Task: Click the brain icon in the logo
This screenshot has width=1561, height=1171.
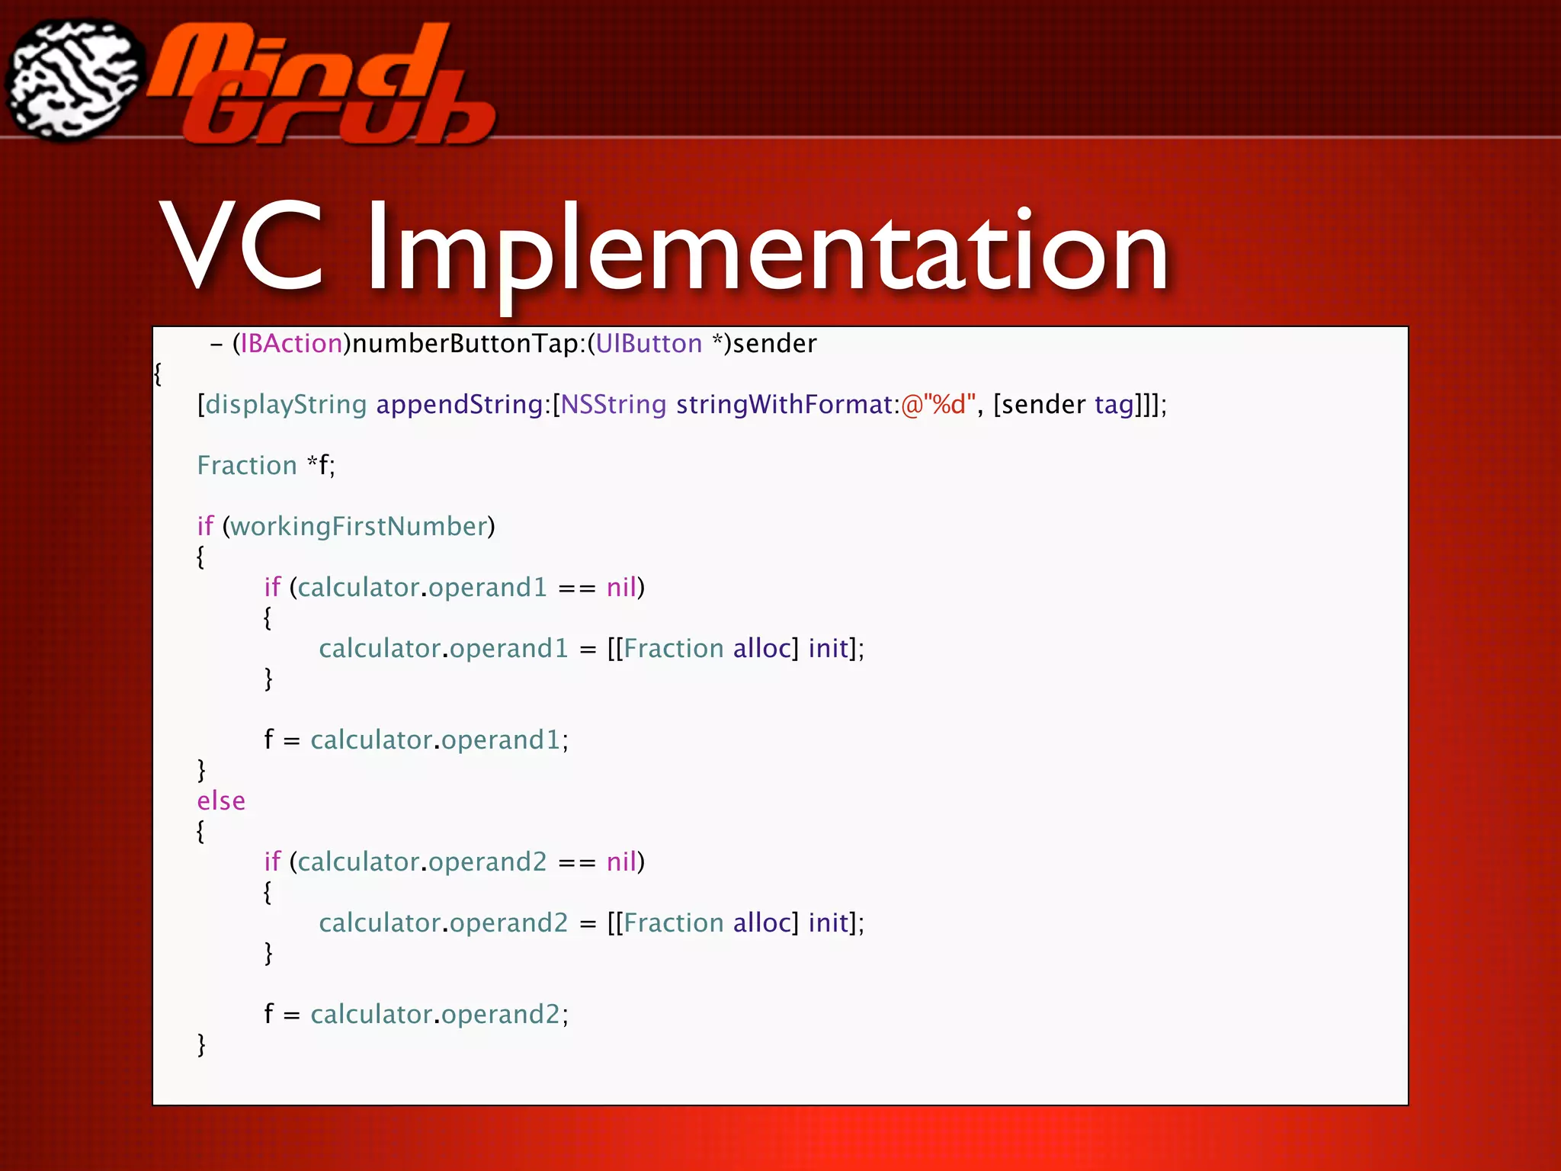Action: point(74,80)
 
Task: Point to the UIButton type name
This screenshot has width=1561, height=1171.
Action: point(649,344)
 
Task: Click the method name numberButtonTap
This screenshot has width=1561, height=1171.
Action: point(466,344)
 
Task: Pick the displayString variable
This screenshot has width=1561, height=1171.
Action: point(286,405)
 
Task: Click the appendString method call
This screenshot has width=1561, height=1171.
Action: point(459,405)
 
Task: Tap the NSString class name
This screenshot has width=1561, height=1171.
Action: point(614,405)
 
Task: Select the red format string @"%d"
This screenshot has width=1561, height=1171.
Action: point(938,405)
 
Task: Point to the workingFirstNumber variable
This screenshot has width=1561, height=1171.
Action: point(358,527)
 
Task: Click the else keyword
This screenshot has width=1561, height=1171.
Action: point(221,801)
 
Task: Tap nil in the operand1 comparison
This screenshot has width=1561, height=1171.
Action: point(621,588)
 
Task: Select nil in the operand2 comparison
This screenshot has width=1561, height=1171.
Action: point(621,862)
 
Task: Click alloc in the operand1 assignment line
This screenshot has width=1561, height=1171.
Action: point(761,649)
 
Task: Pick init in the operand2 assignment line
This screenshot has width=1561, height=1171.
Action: point(828,923)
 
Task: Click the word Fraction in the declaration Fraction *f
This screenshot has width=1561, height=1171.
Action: point(247,466)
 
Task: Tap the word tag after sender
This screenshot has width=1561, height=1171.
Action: point(1114,405)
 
